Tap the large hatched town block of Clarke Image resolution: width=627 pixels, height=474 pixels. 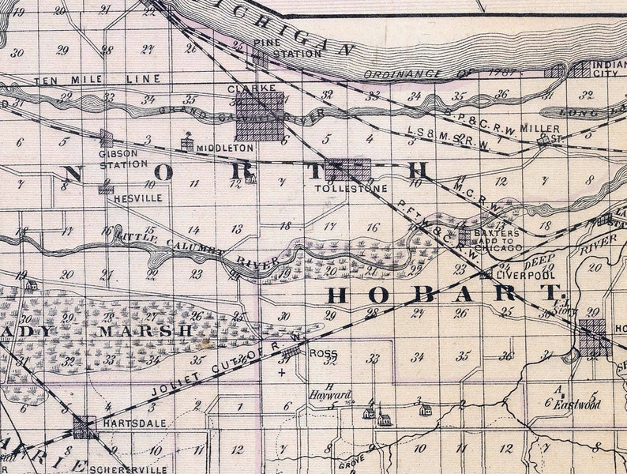click(261, 115)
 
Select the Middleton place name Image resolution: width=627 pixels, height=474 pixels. click(225, 148)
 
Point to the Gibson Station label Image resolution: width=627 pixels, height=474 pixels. click(123, 159)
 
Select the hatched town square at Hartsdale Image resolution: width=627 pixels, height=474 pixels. click(84, 427)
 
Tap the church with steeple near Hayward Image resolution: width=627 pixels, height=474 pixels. click(382, 416)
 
